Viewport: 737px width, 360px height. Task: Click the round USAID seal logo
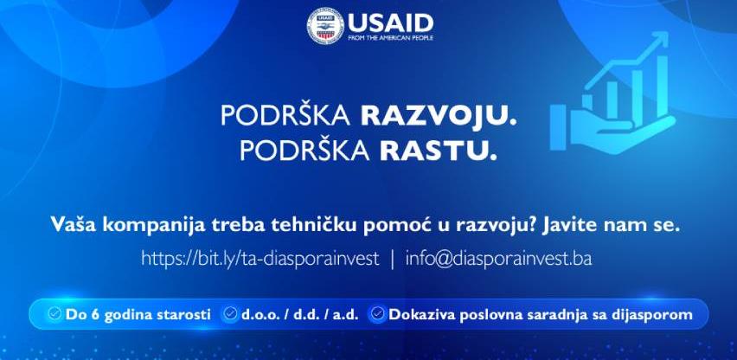click(x=326, y=26)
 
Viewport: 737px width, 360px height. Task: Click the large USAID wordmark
click(x=391, y=22)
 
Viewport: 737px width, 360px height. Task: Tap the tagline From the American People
click(x=391, y=37)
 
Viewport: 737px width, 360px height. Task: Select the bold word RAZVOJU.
click(x=439, y=116)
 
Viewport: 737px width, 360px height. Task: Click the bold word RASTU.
click(x=438, y=151)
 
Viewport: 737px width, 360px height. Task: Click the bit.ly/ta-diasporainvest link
click(x=260, y=259)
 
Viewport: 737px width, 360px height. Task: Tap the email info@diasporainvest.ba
click(x=499, y=259)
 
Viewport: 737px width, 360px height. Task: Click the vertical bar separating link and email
click(x=393, y=260)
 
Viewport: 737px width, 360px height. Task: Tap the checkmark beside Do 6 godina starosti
click(x=55, y=313)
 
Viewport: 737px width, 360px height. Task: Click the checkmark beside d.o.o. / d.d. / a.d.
click(x=230, y=313)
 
